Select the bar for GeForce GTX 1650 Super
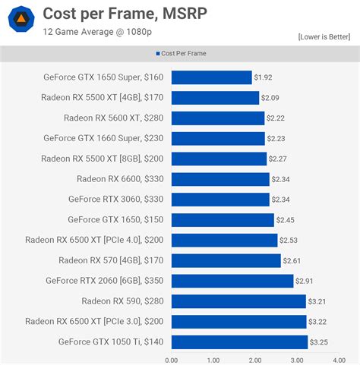click(211, 77)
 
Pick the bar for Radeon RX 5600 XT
click(217, 118)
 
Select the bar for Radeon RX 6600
click(220, 179)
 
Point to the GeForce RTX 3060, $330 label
click(103, 200)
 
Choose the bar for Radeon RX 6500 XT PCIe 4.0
click(224, 241)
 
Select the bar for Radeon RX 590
click(238, 301)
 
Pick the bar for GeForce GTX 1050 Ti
click(239, 341)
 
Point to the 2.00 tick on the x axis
click(254, 360)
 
